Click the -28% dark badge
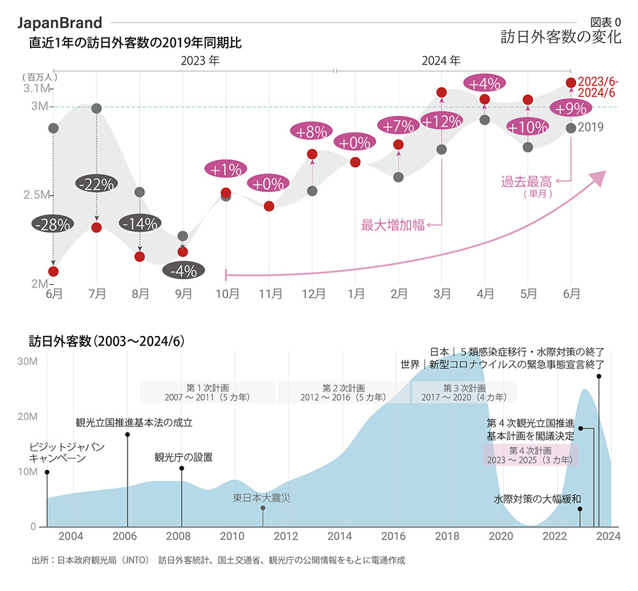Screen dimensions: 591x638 (53, 224)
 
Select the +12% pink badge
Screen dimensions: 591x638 (441, 121)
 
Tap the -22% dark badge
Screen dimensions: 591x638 (96, 184)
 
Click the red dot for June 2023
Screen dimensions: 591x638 (53, 272)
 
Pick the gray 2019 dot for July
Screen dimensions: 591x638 (96, 108)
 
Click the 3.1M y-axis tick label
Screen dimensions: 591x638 (38, 88)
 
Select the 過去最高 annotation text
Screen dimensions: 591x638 (527, 182)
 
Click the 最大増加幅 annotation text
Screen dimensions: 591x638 (393, 224)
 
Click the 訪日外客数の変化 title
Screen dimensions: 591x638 (561, 36)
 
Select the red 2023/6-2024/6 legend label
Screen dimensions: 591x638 (597, 87)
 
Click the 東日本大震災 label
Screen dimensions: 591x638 (262, 497)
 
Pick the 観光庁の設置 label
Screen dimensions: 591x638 (183, 457)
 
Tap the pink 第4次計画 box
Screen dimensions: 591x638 (530, 455)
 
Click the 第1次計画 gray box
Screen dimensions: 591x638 (207, 392)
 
